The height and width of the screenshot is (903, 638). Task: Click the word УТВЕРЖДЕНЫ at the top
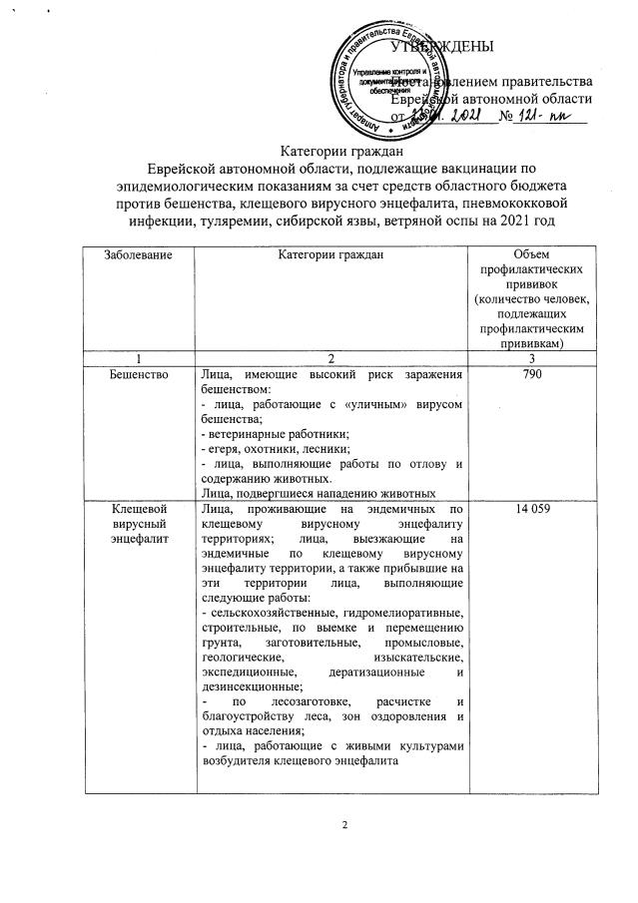[441, 47]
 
